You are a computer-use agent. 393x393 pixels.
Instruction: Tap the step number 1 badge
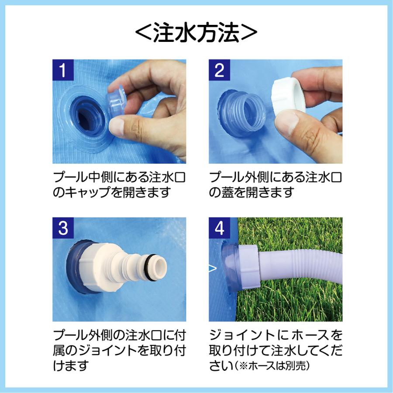coord(63,70)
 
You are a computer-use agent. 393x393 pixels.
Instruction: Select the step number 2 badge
coord(219,70)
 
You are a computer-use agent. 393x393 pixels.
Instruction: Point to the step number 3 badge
coord(63,228)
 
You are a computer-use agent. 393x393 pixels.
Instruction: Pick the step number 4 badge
coord(219,228)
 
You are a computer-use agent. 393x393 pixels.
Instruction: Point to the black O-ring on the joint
coord(148,268)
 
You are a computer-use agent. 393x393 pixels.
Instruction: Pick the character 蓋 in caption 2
coord(228,192)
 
